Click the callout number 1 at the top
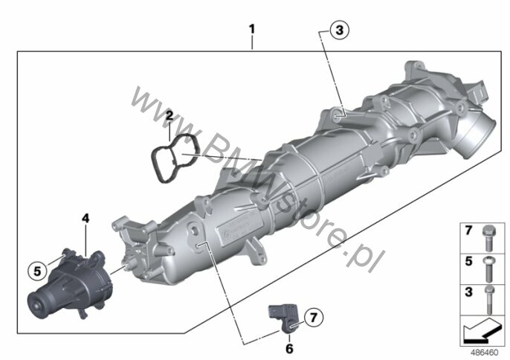tap(252, 29)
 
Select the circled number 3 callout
tap(339, 30)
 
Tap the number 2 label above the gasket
tap(170, 115)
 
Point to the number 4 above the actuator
tap(85, 218)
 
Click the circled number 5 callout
tap(37, 271)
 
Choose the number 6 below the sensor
tap(289, 349)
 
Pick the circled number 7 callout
tap(314, 317)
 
